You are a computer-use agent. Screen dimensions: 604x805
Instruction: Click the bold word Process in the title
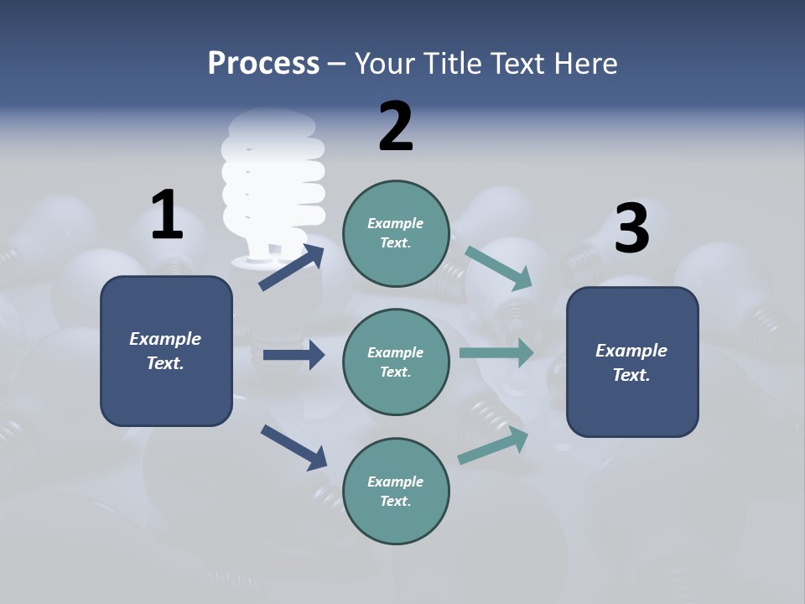[263, 63]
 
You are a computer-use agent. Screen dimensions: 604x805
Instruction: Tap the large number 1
[167, 215]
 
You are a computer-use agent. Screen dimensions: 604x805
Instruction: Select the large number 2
[396, 127]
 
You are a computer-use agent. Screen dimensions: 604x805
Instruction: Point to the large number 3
[631, 229]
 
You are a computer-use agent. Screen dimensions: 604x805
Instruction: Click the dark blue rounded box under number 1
[166, 351]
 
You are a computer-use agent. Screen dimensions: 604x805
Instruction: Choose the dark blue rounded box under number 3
[632, 362]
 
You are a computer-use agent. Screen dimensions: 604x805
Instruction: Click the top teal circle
[396, 233]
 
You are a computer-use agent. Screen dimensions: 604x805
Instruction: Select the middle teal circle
[396, 362]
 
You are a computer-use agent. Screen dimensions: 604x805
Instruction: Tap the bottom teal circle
[396, 491]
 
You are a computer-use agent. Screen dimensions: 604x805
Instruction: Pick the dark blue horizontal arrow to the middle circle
[293, 355]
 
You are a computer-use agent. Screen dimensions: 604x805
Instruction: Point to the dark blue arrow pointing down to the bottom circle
[293, 447]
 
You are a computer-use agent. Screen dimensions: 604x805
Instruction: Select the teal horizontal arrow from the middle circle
[496, 352]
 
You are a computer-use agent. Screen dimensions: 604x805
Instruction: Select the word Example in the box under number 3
[631, 351]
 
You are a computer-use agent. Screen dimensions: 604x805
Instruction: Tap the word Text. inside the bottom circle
[396, 501]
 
